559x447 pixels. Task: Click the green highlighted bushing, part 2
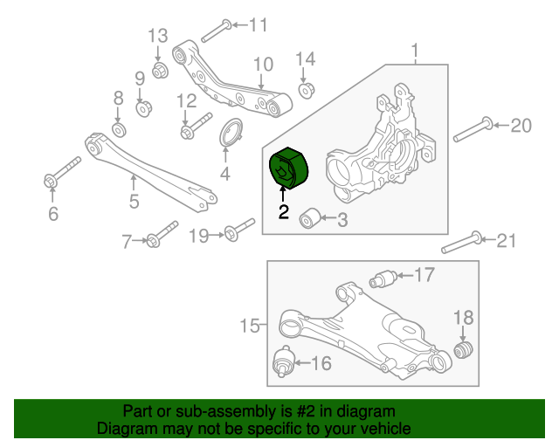pyautogui.click(x=288, y=168)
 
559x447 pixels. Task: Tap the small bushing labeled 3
pyautogui.click(x=308, y=217)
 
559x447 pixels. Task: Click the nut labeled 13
pyautogui.click(x=160, y=68)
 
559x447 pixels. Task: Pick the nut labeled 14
pyautogui.click(x=307, y=89)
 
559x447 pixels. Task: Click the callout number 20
pyautogui.click(x=520, y=126)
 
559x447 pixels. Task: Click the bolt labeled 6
pyautogui.click(x=61, y=172)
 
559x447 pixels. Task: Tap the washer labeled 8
pyautogui.click(x=120, y=130)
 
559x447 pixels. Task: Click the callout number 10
pyautogui.click(x=263, y=65)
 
